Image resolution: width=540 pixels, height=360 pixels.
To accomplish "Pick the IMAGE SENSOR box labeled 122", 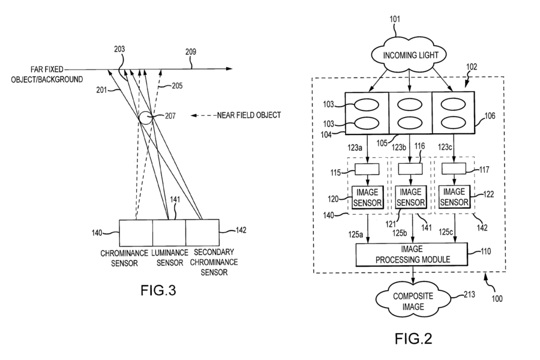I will (454, 196).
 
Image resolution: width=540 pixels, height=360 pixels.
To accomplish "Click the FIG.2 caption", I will (413, 340).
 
